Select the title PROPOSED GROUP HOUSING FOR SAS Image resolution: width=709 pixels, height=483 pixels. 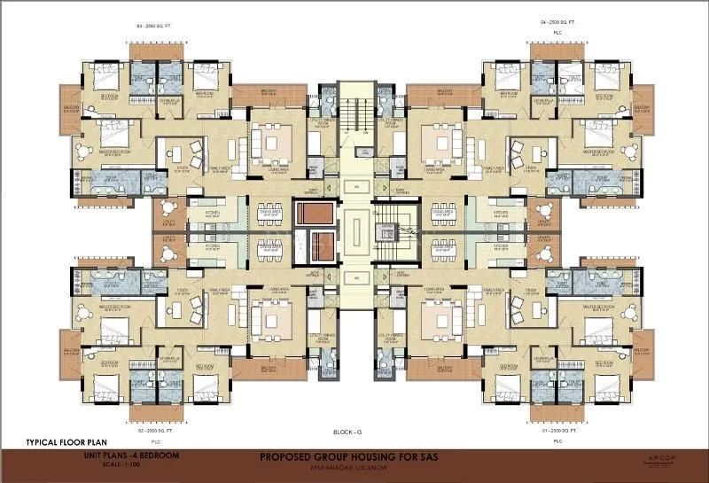tap(354, 457)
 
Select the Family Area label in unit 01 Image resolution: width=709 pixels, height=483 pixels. tap(494, 290)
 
